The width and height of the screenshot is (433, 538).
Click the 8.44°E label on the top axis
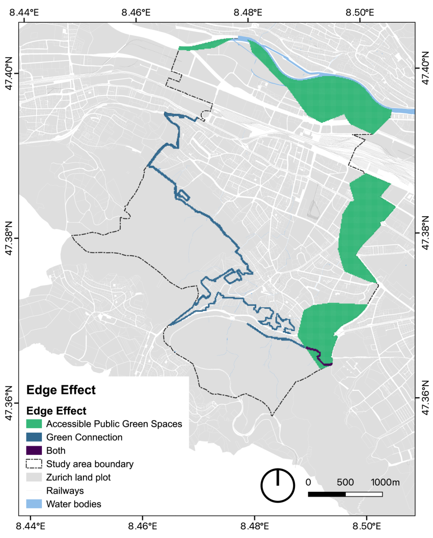click(x=24, y=13)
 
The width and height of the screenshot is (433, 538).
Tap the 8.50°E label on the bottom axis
click(x=366, y=526)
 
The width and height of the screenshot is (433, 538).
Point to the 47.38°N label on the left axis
click(x=9, y=238)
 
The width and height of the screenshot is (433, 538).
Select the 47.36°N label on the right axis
click(x=425, y=397)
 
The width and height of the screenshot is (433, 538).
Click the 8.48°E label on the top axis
click(x=248, y=13)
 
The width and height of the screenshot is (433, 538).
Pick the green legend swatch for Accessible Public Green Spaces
click(x=34, y=424)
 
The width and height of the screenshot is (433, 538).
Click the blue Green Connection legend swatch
click(x=34, y=437)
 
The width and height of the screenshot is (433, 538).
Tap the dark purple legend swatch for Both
click(x=34, y=450)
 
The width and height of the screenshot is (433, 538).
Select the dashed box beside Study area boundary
click(x=34, y=464)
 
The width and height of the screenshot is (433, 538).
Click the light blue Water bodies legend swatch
click(x=34, y=504)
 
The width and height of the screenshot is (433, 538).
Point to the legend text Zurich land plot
click(x=78, y=477)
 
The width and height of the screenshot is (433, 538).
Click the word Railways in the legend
click(x=65, y=491)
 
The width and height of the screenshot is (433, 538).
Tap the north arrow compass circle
click(x=278, y=485)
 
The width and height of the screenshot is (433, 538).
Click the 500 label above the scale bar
click(x=345, y=482)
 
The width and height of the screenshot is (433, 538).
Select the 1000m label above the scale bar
click(x=385, y=482)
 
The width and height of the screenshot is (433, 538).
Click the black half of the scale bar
click(x=327, y=494)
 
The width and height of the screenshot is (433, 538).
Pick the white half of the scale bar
click(x=364, y=494)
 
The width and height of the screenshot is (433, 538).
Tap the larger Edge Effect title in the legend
click(x=61, y=390)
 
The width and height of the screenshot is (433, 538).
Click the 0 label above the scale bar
click(x=308, y=482)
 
